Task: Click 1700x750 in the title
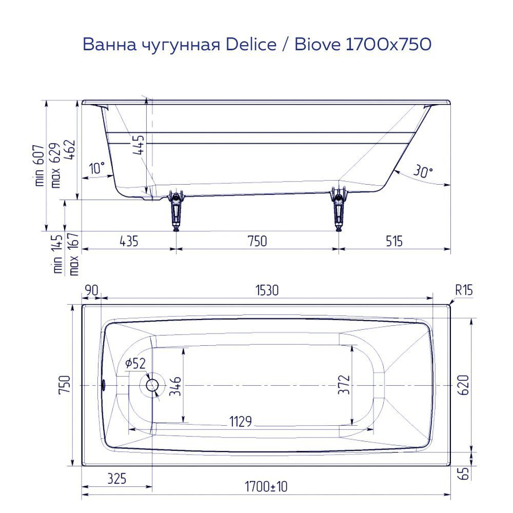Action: click(x=388, y=45)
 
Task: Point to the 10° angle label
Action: click(x=96, y=168)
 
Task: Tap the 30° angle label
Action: click(x=422, y=172)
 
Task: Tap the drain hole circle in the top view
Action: click(x=152, y=385)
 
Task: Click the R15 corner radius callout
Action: click(x=464, y=291)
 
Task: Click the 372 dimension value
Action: click(x=344, y=385)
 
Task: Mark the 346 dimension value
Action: click(x=176, y=386)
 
